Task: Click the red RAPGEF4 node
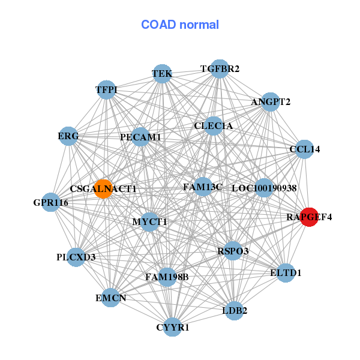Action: coord(309,217)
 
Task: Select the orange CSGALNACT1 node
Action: coord(104,189)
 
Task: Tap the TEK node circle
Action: coord(163,74)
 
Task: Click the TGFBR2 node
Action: coord(220,69)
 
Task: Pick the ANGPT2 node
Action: coord(271,102)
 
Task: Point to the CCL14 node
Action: coord(304,149)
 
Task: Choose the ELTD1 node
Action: coord(286,273)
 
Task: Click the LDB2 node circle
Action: coord(234,311)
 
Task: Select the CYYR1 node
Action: coord(172,327)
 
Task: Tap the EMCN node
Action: coord(110,298)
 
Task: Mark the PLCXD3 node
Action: coord(76,257)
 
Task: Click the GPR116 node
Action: coord(51,202)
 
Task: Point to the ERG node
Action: coord(68,136)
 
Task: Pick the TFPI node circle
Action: coord(106,90)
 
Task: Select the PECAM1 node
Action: coord(140,137)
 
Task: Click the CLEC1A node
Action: coord(213,126)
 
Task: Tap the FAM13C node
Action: coord(203,187)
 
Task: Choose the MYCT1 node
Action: coord(149,222)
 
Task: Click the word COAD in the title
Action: coord(158,25)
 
